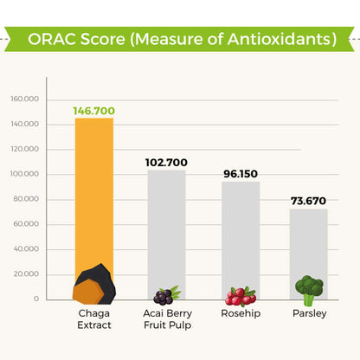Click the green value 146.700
point(94,111)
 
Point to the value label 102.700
point(166,163)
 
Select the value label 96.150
point(241,174)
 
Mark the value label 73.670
point(308,201)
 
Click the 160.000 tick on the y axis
point(25,99)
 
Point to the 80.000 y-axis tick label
point(26,199)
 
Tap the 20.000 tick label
point(26,274)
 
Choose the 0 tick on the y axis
point(36,299)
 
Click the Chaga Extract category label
point(94,319)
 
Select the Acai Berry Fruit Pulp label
point(168,319)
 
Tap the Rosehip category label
point(241,313)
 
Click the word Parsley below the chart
point(310,313)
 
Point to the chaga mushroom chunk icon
point(94,284)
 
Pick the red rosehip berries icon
point(241,296)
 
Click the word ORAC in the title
point(52,39)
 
